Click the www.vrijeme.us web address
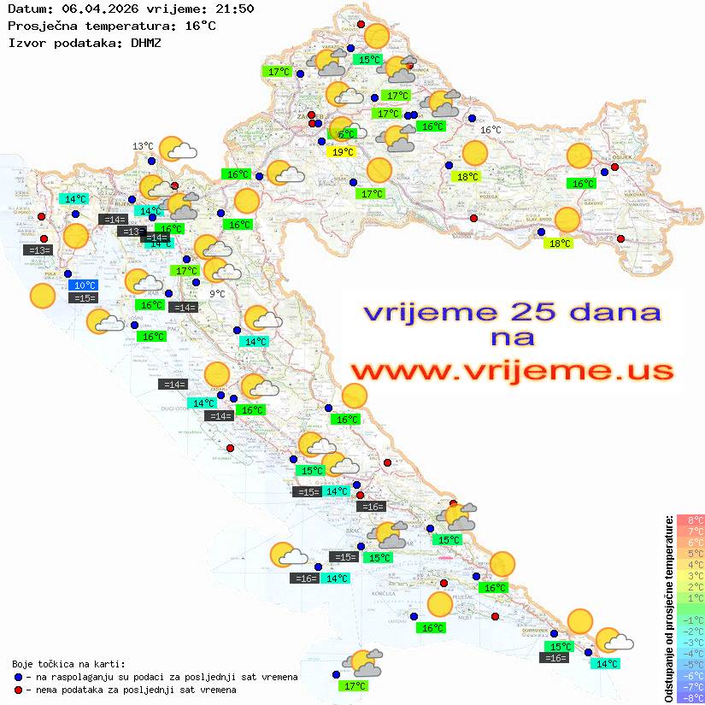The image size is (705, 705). (512, 371)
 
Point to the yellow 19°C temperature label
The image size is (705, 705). (342, 152)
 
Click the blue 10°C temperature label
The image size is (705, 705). (85, 285)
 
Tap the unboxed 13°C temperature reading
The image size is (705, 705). (143, 146)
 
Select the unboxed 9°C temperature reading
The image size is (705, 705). (217, 294)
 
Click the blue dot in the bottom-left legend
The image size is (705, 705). (18, 677)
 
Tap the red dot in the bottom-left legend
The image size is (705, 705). (18, 690)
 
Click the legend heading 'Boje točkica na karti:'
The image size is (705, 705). (68, 664)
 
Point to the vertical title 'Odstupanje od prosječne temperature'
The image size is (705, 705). (668, 608)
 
